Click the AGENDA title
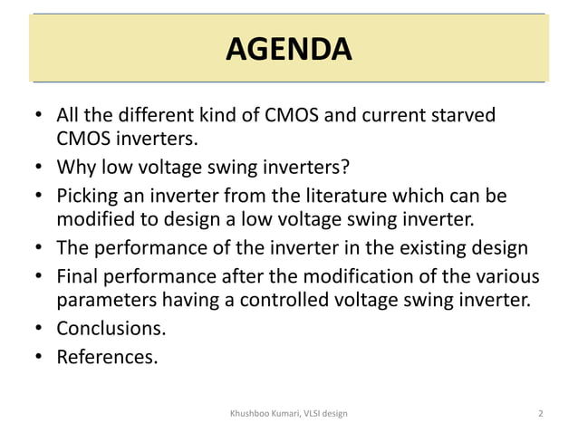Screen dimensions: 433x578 [288, 47]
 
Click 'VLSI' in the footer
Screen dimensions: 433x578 [310, 414]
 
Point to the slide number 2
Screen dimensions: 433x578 [540, 414]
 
